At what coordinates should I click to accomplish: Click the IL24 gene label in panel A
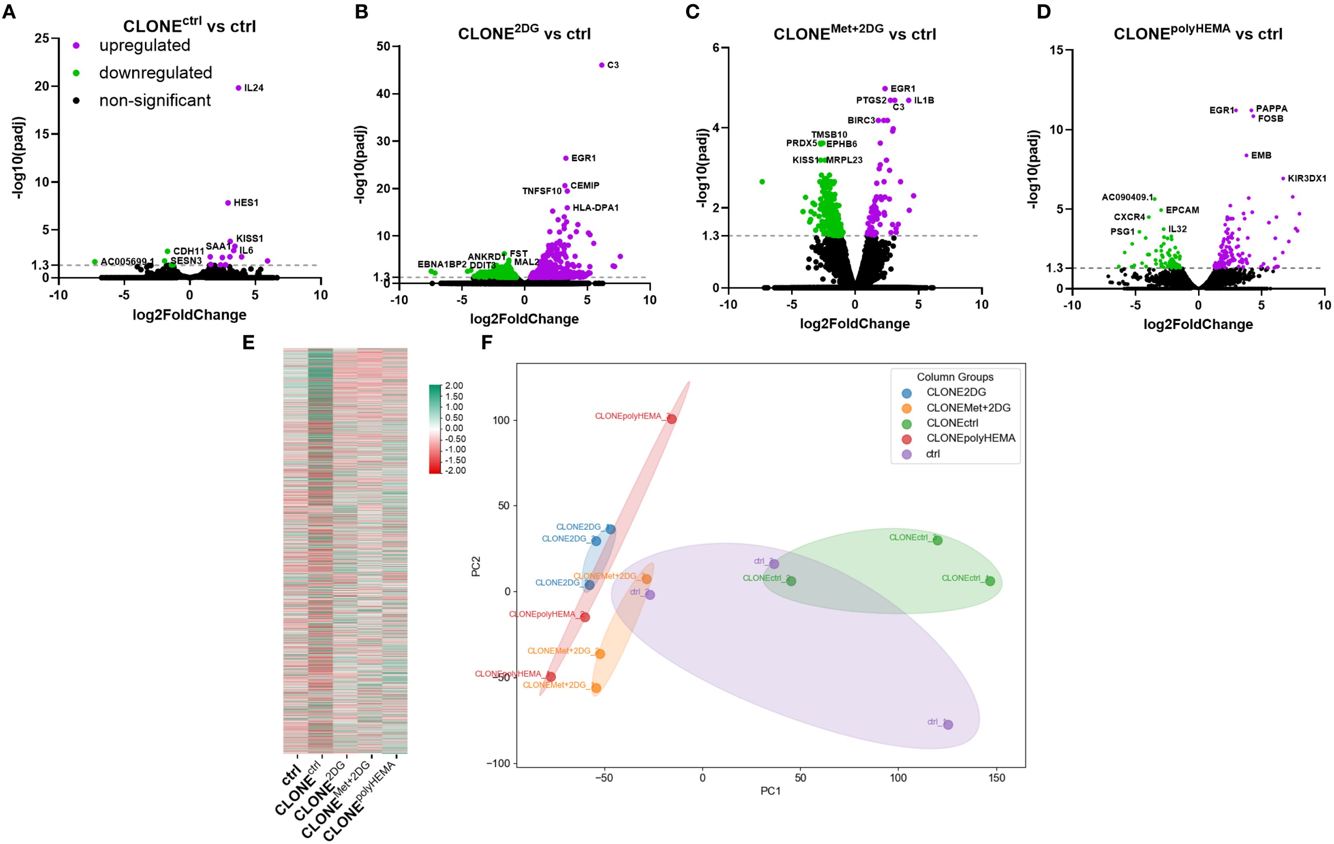coord(254,87)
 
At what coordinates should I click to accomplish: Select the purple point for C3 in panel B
coord(602,65)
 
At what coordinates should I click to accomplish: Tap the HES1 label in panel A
coord(246,203)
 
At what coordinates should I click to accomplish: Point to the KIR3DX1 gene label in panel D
coord(1307,178)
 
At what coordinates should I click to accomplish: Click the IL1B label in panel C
coord(924,100)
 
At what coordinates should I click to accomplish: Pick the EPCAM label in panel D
coord(1182,210)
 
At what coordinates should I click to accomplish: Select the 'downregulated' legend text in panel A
coord(156,73)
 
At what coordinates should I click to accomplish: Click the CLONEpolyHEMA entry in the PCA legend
coord(971,438)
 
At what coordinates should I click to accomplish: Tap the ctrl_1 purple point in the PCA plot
coord(948,725)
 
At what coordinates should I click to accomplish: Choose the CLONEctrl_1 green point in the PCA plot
coord(990,581)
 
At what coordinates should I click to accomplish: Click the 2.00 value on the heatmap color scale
coord(454,386)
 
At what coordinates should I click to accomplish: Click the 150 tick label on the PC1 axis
coord(996,778)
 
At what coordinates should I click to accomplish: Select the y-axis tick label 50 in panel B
coord(383,46)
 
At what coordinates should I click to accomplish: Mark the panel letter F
coord(487,343)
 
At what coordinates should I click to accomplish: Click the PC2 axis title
coord(476,566)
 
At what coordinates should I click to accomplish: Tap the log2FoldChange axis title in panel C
coord(854,324)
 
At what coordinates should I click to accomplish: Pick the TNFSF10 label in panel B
coord(542,191)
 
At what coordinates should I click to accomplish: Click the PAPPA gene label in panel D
coord(1272,108)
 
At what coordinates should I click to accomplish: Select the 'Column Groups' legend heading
coord(955,377)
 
